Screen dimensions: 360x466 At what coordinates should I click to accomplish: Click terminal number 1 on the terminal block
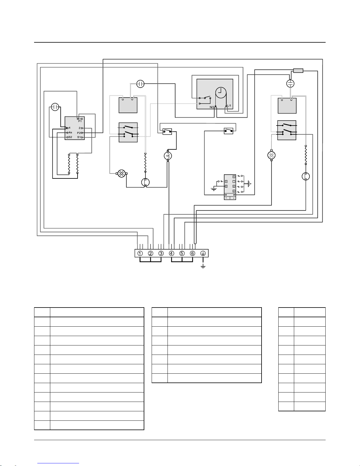[x=140, y=253]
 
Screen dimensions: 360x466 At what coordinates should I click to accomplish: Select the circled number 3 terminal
[x=161, y=253]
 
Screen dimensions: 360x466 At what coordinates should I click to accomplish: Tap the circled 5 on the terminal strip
[x=182, y=253]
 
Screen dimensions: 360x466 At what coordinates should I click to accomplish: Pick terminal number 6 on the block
[x=192, y=253]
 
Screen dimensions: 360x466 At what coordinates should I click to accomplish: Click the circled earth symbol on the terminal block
[x=203, y=253]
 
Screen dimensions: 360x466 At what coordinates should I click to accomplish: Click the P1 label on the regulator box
[x=80, y=121]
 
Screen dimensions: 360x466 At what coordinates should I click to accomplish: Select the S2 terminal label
[x=70, y=137]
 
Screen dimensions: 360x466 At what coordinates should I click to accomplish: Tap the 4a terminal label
[x=70, y=133]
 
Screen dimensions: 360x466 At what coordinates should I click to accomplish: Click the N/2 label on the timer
[x=212, y=107]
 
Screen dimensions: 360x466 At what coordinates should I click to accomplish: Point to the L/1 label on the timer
[x=230, y=106]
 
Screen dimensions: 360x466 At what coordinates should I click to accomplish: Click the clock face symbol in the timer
[x=221, y=93]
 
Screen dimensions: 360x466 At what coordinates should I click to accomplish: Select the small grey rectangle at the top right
[x=298, y=71]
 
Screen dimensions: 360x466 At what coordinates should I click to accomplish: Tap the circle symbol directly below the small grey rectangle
[x=290, y=83]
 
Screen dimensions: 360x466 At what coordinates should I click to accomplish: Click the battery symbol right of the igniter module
[x=249, y=184]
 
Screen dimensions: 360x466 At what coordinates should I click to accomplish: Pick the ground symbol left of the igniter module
[x=214, y=189]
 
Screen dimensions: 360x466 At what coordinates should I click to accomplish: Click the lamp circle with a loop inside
[x=168, y=156]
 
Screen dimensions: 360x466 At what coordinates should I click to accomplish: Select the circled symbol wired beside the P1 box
[x=55, y=107]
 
